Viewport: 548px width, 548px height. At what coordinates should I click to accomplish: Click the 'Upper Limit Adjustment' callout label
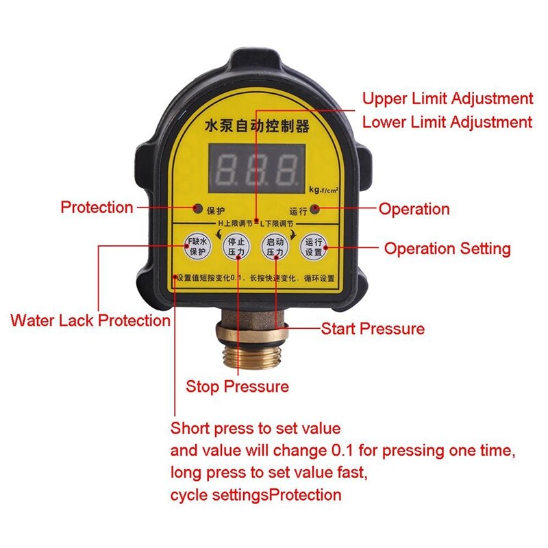tap(447, 99)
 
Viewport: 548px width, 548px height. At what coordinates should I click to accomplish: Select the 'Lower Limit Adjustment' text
tap(447, 123)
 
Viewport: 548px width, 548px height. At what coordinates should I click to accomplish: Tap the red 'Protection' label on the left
tap(97, 208)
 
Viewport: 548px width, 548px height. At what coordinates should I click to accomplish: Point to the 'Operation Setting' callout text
tap(447, 249)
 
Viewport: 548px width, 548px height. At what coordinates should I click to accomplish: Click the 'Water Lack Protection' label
tap(90, 320)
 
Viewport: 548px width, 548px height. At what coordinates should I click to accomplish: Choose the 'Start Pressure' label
tap(373, 329)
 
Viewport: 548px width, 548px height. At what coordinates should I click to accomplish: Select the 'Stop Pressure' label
tap(237, 386)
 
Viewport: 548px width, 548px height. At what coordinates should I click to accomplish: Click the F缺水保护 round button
tap(197, 247)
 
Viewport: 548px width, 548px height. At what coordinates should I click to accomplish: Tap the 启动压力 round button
tap(275, 247)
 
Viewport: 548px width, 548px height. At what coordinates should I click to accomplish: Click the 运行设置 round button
tap(314, 247)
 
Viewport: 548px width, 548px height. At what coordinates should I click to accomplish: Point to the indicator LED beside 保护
tap(198, 208)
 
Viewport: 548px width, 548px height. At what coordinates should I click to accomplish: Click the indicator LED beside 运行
tap(314, 208)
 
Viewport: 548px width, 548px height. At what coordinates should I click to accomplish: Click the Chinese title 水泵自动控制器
tap(257, 127)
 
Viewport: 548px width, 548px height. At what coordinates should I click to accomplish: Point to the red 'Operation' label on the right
tap(414, 209)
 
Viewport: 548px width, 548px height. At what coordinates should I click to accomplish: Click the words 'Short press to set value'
tap(255, 429)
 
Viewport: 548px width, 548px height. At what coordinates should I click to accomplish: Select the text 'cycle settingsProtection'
tap(256, 495)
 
